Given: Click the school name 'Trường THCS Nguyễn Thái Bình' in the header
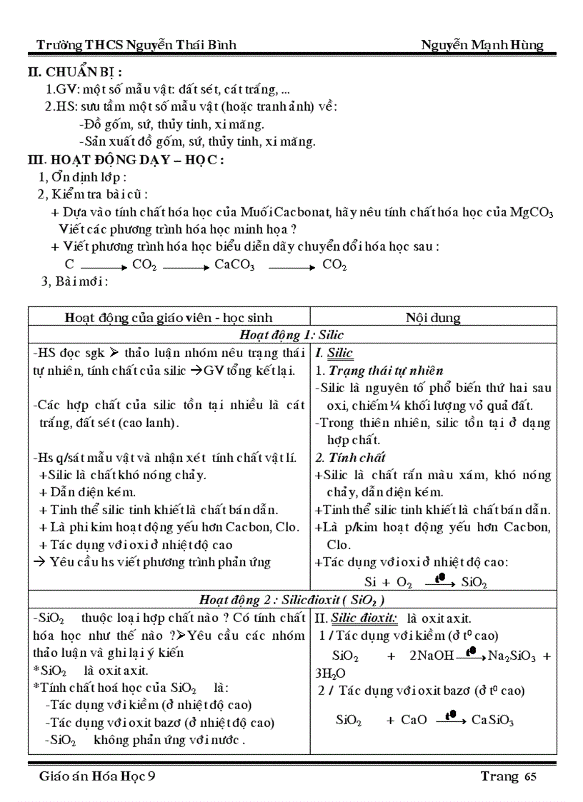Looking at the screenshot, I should point(136,46).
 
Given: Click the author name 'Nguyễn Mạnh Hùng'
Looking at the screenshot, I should point(482,46).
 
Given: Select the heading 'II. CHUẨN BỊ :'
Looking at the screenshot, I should point(75,72).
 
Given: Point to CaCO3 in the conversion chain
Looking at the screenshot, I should point(234,265).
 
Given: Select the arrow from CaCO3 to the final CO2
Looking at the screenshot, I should point(292,266).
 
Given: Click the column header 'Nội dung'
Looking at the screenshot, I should point(433,318).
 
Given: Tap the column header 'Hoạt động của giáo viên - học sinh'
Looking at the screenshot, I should point(169,318).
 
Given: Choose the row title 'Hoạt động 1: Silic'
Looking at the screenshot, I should point(291,334).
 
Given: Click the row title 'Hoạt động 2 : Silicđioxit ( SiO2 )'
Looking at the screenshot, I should point(291,600).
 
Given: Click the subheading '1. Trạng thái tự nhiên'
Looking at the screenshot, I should point(379,371).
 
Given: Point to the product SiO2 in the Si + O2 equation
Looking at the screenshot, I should point(474,583).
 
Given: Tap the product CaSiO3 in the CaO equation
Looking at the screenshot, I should point(493,720).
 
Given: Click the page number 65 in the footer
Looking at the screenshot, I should point(529,777).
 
